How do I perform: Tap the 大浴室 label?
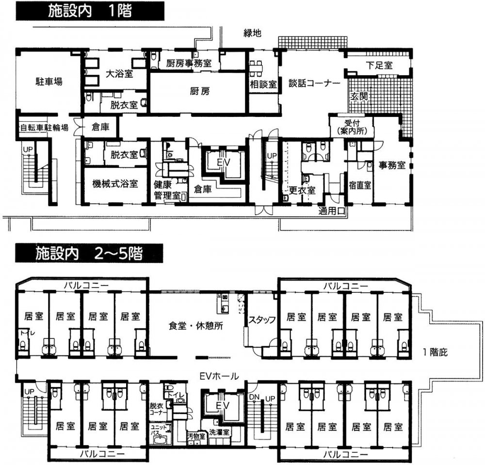pos(119,74)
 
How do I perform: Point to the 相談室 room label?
pos(263,83)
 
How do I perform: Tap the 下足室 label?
pos(379,65)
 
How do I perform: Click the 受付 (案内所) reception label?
pos(350,128)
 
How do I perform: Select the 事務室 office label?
pos(392,165)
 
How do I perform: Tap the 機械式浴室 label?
pos(115,184)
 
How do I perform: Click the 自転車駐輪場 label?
pos(44,128)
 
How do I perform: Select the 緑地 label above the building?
pos(252,33)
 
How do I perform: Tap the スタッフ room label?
pos(262,319)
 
